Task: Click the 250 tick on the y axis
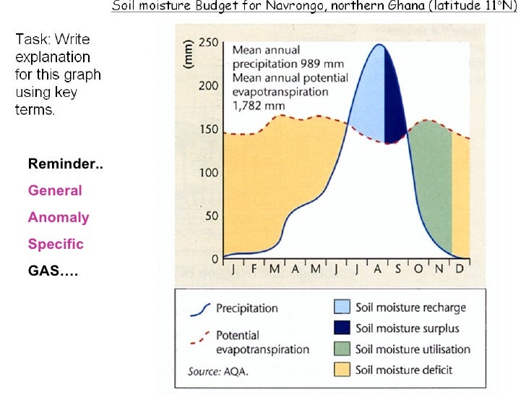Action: click(x=208, y=42)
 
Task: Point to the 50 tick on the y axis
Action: click(x=211, y=216)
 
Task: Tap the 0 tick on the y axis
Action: click(x=215, y=259)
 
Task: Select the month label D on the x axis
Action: click(x=460, y=269)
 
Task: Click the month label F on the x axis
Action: click(x=254, y=269)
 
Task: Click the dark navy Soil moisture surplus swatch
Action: click(x=341, y=328)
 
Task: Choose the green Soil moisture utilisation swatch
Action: click(x=341, y=349)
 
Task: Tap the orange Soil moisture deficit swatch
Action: click(x=341, y=370)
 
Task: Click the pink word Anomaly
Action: click(x=59, y=218)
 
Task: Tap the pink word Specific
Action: click(x=56, y=245)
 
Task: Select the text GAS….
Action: click(x=53, y=271)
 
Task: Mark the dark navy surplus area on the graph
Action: click(x=394, y=101)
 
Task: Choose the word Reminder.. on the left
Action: click(x=65, y=164)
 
